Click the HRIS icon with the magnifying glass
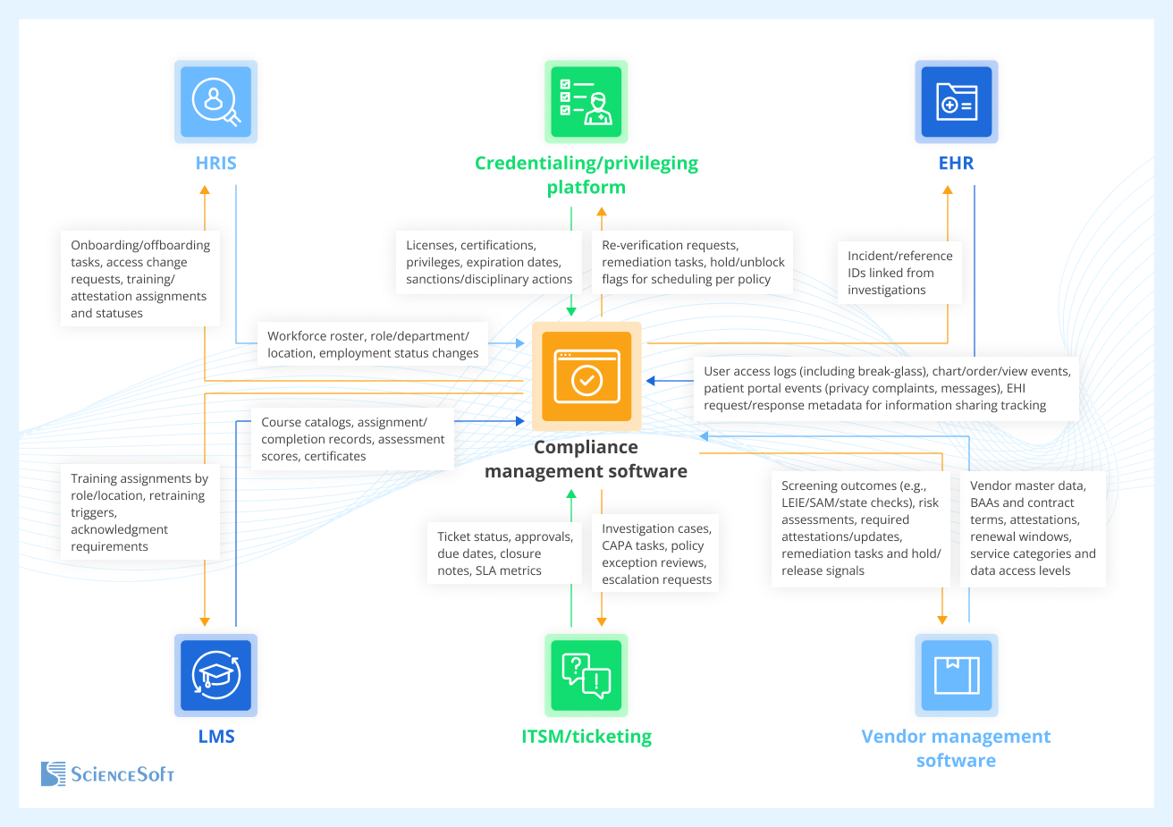click(215, 102)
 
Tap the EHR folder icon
click(956, 102)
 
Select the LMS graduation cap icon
click(215, 675)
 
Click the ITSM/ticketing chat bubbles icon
click(586, 675)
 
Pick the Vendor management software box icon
click(956, 675)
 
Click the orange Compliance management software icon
click(586, 377)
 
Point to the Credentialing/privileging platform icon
click(586, 102)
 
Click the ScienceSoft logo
click(107, 773)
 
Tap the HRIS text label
click(215, 164)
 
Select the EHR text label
click(956, 164)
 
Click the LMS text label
click(215, 737)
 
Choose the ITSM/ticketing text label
click(586, 737)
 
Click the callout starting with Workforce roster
click(373, 344)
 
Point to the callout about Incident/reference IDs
click(899, 273)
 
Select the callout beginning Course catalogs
click(352, 439)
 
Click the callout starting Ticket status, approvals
click(504, 553)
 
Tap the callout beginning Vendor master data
click(1032, 527)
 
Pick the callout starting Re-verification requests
click(691, 262)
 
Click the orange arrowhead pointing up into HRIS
click(205, 190)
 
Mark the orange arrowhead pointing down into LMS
click(205, 621)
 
